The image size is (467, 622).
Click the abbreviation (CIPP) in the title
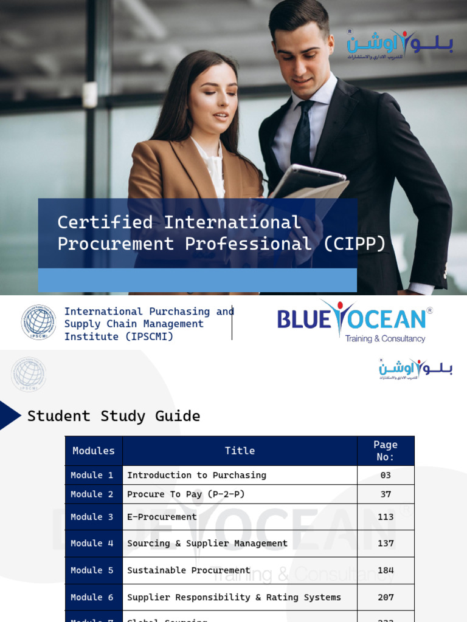pyautogui.click(x=355, y=244)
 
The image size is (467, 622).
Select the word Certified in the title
pyautogui.click(x=105, y=222)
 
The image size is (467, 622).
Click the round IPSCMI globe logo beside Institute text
pyautogui.click(x=38, y=323)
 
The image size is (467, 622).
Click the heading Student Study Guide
pyautogui.click(x=114, y=416)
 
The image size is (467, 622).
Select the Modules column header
pyautogui.click(x=94, y=451)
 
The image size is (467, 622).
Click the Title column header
pyautogui.click(x=240, y=451)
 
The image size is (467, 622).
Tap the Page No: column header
pyautogui.click(x=386, y=451)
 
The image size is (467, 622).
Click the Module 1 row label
pyautogui.click(x=92, y=475)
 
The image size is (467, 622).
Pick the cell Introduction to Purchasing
pyautogui.click(x=196, y=475)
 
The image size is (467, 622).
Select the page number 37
pyautogui.click(x=386, y=494)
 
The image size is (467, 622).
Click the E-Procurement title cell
pyautogui.click(x=162, y=517)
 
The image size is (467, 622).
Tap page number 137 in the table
pyautogui.click(x=386, y=544)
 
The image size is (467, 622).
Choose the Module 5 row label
pyautogui.click(x=92, y=570)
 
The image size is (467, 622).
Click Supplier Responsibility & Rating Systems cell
pyautogui.click(x=234, y=597)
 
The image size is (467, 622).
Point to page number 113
pyautogui.click(x=386, y=517)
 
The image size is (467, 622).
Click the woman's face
pyautogui.click(x=213, y=97)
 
